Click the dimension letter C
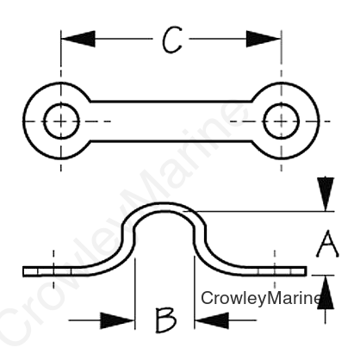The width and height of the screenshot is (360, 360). click(172, 40)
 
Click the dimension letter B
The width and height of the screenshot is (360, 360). click(165, 320)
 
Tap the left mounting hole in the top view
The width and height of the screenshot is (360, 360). click(61, 121)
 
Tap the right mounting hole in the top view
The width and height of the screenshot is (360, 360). click(281, 121)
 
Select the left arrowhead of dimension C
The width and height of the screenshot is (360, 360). click(78, 39)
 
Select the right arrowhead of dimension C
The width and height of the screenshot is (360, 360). click(264, 39)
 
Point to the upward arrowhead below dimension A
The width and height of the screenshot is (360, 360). click(326, 292)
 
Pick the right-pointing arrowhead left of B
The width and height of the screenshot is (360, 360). click(118, 320)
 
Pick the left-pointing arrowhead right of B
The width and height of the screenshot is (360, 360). click(212, 320)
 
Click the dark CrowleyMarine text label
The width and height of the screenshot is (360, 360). click(261, 298)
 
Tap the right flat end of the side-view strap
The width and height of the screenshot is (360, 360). click(282, 271)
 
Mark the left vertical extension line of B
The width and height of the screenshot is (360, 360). click(135, 294)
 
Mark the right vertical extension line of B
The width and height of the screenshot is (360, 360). click(195, 292)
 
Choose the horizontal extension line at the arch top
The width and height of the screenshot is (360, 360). click(258, 211)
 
